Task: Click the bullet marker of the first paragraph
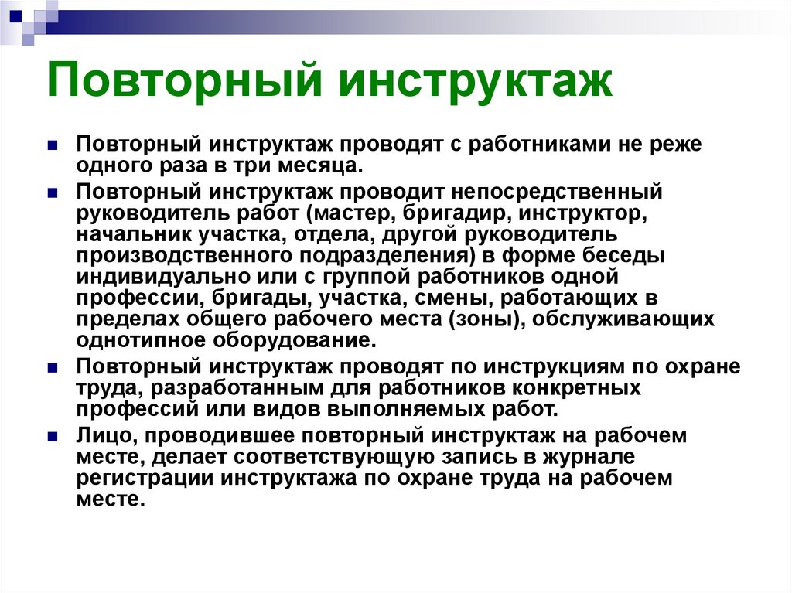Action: (x=53, y=145)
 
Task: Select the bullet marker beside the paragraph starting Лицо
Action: (x=53, y=437)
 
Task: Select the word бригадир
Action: (x=458, y=213)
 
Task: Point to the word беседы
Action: (x=623, y=256)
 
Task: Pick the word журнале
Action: (x=589, y=457)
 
